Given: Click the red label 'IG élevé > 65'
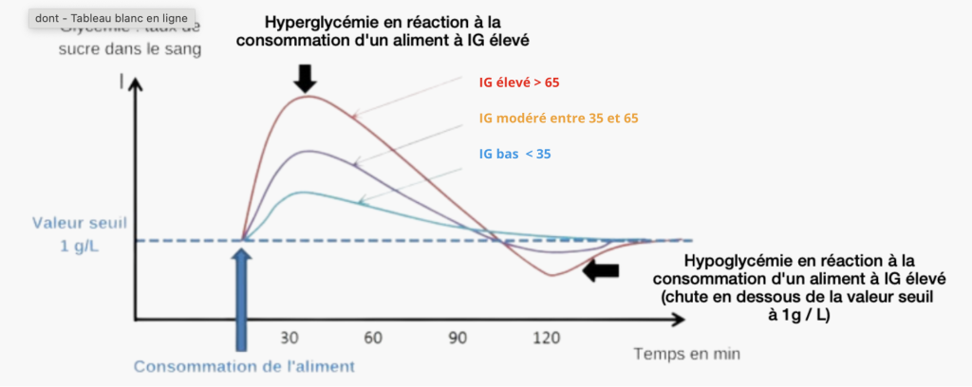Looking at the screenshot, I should point(518,83).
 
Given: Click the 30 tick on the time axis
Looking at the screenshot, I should point(290,339).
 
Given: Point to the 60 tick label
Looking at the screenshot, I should point(371,339).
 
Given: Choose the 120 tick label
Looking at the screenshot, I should point(548,339).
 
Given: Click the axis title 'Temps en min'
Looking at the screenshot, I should point(686,353).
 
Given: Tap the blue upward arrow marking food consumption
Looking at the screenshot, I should point(243,294).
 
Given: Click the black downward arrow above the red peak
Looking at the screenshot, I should point(304,78).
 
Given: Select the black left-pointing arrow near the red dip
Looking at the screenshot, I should point(600,271).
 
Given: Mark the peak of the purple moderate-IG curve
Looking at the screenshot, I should point(307,151).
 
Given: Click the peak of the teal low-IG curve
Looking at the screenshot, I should point(303,192).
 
